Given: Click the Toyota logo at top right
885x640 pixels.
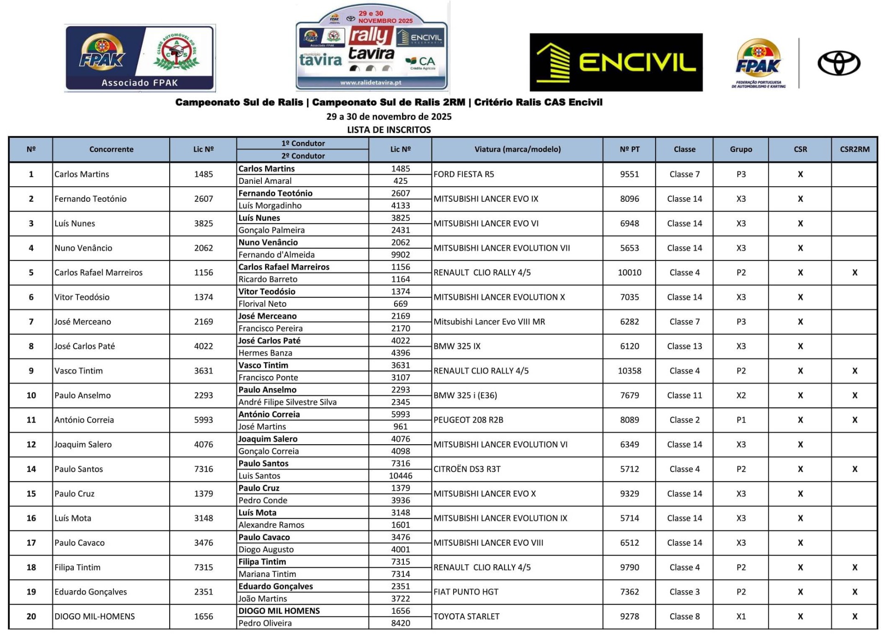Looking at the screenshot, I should pos(838,63).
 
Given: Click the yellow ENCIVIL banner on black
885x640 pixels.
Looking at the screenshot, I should pos(616,62).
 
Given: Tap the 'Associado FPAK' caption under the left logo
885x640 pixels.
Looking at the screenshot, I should pos(140,83).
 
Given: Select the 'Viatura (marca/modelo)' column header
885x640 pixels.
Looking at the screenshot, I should pos(517,149).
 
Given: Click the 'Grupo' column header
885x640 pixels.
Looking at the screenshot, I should pos(741,149).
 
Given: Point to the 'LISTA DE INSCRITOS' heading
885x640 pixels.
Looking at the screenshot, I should pos(389,130).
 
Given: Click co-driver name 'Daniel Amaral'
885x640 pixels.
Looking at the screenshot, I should pos(265,181).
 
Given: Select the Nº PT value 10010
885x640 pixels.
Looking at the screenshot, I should pos(629,272).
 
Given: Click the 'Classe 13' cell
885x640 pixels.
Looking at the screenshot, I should pos(684,346).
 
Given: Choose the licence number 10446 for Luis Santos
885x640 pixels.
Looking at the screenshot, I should pos(400,476).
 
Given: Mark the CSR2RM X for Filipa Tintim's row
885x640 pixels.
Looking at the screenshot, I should pos(855,567).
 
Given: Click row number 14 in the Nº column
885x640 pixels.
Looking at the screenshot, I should pos(31,469).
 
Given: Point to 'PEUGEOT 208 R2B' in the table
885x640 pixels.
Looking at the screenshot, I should pos(468,420).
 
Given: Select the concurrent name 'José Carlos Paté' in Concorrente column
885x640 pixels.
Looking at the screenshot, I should pos(85,346).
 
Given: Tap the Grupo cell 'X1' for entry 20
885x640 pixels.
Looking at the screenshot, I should pos(741,617).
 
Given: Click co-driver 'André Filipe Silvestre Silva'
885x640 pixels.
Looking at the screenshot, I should pos(288,402).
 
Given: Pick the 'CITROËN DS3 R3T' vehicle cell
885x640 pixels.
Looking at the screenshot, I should pos(467,469).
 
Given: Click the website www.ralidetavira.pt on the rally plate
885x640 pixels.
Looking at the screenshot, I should pos(371,83).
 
